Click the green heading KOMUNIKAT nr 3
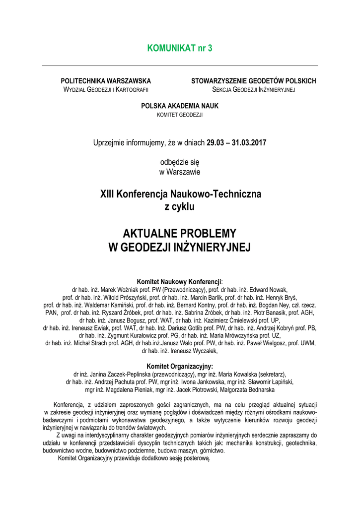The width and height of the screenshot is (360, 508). pos(180,48)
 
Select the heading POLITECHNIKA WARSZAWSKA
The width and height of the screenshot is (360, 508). pos(106,81)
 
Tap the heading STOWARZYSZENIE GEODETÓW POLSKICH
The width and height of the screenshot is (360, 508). pos(254,81)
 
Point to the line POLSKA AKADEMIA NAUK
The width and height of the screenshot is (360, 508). pos(180,106)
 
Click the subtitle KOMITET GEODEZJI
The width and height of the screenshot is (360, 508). pos(180,115)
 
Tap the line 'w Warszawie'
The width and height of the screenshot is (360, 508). pos(180,172)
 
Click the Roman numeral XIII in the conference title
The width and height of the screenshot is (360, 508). pos(108,194)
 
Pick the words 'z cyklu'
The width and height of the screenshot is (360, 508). pos(180,207)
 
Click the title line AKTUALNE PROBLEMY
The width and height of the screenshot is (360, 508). pos(180,233)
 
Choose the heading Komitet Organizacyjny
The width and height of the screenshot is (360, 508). pos(180,366)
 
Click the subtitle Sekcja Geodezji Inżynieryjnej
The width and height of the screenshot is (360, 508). pos(254,89)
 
